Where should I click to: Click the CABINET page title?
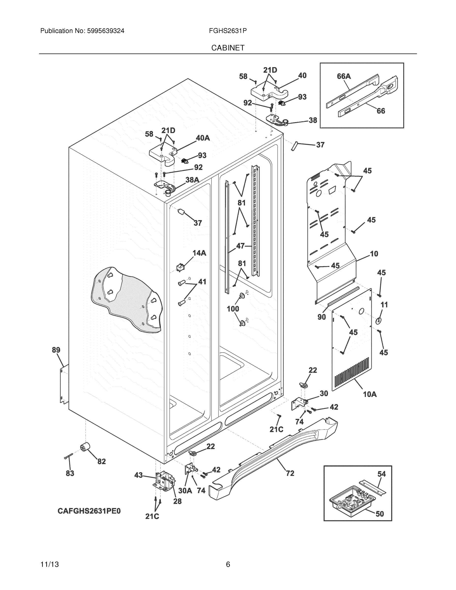click(x=228, y=48)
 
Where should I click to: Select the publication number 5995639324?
click(x=105, y=31)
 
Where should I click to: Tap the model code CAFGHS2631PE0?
click(x=89, y=511)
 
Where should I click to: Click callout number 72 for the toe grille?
click(x=290, y=473)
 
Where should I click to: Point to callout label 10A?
click(x=370, y=394)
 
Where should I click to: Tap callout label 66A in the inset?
click(x=344, y=76)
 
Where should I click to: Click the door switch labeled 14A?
click(x=180, y=267)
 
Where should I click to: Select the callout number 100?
click(x=233, y=309)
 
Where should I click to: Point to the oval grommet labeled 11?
click(x=379, y=321)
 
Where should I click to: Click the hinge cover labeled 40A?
click(x=162, y=155)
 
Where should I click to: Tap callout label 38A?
click(x=192, y=180)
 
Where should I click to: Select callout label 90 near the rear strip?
click(x=322, y=317)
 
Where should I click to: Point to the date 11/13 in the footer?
click(x=50, y=564)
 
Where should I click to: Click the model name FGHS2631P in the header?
click(x=227, y=31)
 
